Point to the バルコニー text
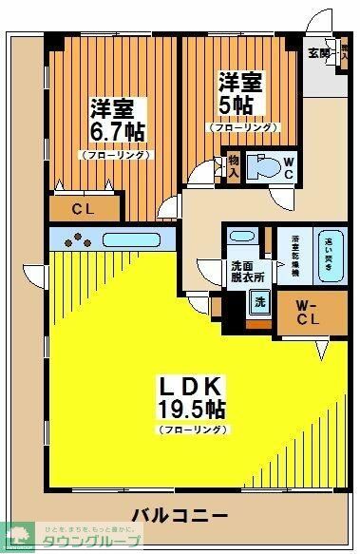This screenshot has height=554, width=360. pyautogui.click(x=179, y=515)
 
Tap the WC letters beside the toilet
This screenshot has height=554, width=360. pyautogui.click(x=290, y=167)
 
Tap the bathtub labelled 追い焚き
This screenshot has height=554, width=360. pyautogui.click(x=328, y=254)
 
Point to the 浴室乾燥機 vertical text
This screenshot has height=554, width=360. pyautogui.click(x=295, y=254)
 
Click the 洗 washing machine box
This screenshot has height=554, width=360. pyautogui.click(x=257, y=303)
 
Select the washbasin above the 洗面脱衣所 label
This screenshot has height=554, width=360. pyautogui.click(x=242, y=239)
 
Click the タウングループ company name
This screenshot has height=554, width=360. pyautogui.click(x=100, y=540)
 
